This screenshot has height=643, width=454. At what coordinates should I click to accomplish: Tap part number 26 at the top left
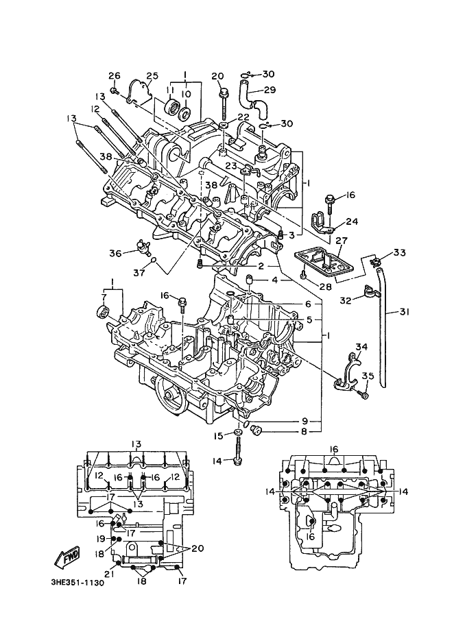pos(115,75)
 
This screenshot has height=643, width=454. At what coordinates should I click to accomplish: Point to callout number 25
pos(152,75)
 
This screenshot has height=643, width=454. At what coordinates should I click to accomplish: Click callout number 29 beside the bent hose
pos(270,90)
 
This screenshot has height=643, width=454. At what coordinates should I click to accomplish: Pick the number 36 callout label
pos(115,254)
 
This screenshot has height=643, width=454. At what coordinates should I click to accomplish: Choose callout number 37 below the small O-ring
pos(139,272)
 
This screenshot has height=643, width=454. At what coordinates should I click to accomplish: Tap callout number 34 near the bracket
pos(361,348)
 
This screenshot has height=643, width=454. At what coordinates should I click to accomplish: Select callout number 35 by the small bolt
pos(368,376)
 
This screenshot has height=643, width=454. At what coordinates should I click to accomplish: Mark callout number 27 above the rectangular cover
pos(342,241)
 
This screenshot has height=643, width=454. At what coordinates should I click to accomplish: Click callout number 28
pos(326,287)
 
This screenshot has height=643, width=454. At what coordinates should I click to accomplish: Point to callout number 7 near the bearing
pos(104,296)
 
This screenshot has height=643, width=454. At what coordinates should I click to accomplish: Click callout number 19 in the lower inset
pos(101,538)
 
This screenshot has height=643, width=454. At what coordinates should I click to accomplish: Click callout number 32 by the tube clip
pos(346,300)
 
